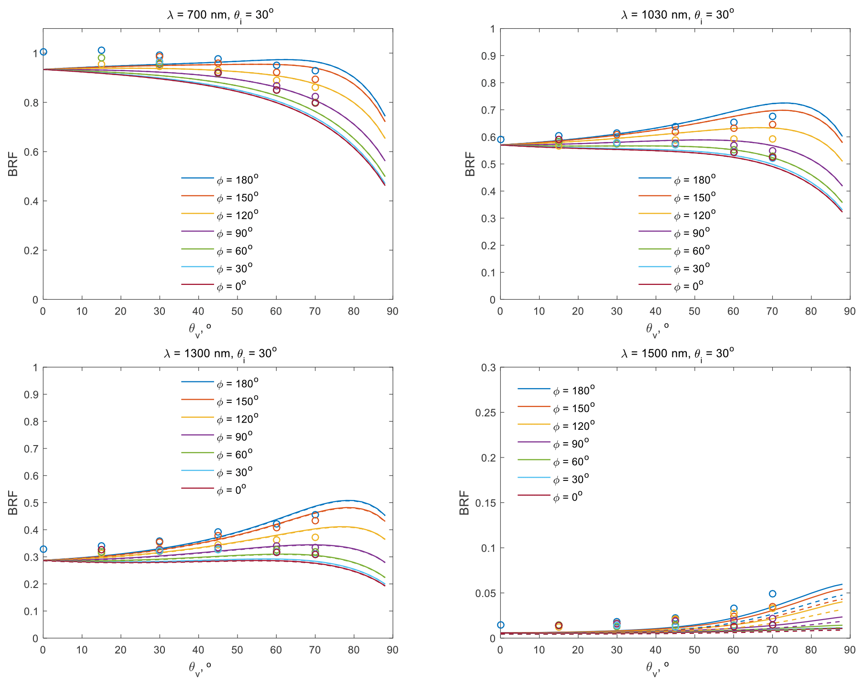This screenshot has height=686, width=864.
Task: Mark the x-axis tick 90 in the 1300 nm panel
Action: (393, 650)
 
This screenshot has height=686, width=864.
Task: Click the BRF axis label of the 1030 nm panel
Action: (470, 164)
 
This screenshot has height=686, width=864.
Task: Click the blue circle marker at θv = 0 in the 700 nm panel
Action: (43, 52)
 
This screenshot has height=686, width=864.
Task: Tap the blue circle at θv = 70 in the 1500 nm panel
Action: (773, 594)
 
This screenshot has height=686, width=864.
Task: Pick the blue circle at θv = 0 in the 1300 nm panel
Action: (43, 549)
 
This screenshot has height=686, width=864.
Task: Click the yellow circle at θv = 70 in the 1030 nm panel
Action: (773, 139)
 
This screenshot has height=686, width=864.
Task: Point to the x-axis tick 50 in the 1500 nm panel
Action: (694, 650)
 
